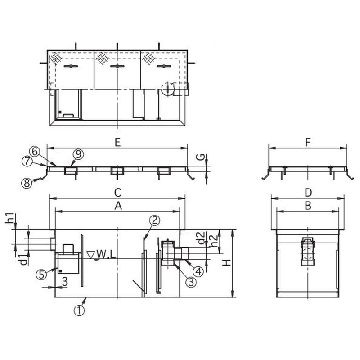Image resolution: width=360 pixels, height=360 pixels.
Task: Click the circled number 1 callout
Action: (79, 310)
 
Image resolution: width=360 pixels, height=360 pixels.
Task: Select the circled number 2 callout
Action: (154, 220)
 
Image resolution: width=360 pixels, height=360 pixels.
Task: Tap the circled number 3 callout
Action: (191, 282)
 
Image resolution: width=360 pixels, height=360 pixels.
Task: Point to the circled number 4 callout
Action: (198, 271)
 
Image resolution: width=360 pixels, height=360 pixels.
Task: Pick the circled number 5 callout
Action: (41, 274)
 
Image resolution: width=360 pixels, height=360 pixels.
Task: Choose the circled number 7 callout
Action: (27, 161)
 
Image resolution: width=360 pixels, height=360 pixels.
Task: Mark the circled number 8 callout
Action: (27, 183)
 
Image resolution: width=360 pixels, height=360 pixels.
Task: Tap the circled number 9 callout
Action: (78, 154)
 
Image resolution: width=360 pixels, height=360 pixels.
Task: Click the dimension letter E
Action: (117, 143)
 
